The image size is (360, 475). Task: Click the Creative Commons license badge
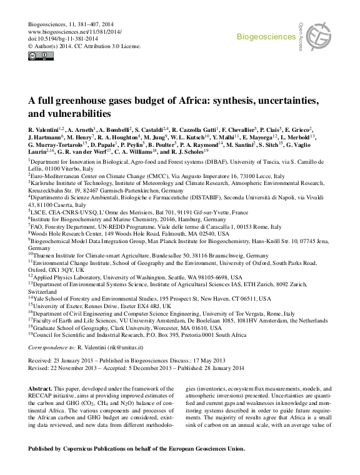click(x=37, y=56)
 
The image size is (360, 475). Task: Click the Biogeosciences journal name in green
click(x=265, y=37)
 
